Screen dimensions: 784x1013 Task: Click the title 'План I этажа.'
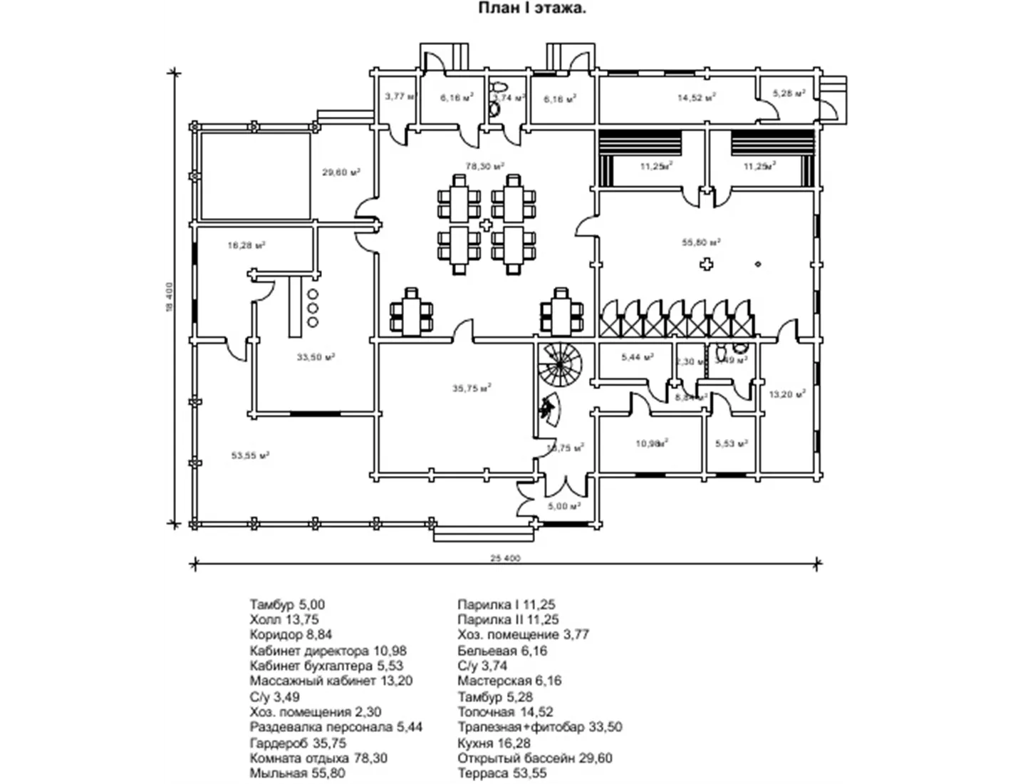tap(531, 9)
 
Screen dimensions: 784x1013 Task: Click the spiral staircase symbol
tap(561, 363)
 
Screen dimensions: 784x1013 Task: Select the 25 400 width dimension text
tap(506, 558)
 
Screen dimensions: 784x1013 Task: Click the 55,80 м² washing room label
tap(701, 242)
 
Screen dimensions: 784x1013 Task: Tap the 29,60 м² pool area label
tap(341, 172)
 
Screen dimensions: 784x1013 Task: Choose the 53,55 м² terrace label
tap(250, 455)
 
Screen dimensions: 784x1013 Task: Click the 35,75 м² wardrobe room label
tap(472, 388)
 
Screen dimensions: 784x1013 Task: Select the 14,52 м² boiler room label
tap(696, 98)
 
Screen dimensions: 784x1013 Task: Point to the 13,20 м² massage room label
tap(787, 393)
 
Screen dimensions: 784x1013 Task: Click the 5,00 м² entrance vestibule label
tap(564, 506)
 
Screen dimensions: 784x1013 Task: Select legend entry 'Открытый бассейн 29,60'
tap(535, 758)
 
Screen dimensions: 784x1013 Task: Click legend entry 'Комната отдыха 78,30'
tap(318, 758)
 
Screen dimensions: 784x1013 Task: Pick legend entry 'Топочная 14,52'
tap(505, 712)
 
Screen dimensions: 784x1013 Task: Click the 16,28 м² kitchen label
tap(246, 245)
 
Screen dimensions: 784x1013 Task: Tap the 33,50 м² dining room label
tap(316, 356)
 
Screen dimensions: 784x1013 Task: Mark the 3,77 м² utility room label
tap(399, 96)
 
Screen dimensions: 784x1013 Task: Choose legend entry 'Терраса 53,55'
tap(503, 773)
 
